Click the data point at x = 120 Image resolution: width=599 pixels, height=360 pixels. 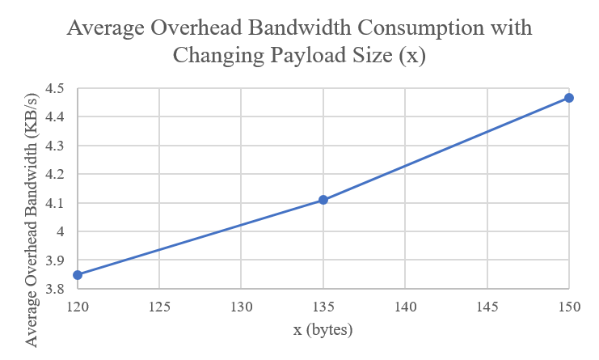[x=78, y=275]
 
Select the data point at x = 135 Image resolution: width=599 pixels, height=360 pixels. [x=323, y=199]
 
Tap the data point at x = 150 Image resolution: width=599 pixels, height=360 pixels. [x=569, y=98]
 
